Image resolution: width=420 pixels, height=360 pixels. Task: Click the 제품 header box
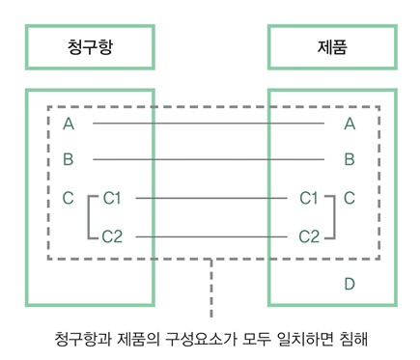(x=332, y=44)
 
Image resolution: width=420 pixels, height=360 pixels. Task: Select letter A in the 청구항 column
(x=69, y=124)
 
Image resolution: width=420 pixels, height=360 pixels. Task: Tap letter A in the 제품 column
(x=350, y=124)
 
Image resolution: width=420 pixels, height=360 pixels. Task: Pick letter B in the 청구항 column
(x=69, y=159)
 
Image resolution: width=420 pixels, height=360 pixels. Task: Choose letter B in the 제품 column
(x=350, y=159)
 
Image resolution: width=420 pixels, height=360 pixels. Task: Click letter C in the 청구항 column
(x=69, y=198)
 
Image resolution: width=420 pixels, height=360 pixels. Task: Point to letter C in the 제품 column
(x=350, y=198)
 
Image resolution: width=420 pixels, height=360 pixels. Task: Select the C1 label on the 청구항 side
(x=112, y=198)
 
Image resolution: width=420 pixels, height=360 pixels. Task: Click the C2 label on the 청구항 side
(x=112, y=235)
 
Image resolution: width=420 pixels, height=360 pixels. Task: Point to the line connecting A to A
(x=208, y=124)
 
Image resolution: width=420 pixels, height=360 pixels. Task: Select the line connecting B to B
(x=208, y=159)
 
